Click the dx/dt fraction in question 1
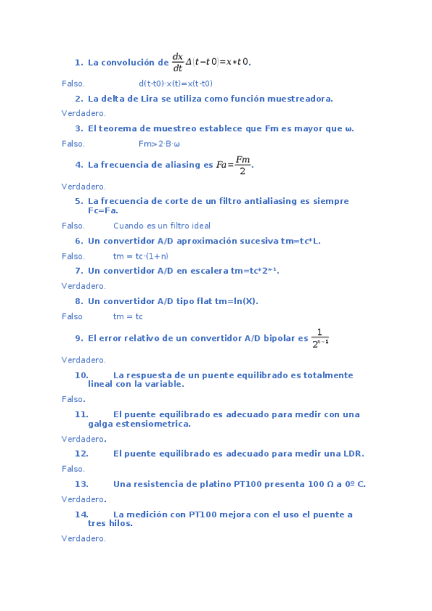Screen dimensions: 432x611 click(x=177, y=62)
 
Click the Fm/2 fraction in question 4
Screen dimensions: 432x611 click(x=243, y=165)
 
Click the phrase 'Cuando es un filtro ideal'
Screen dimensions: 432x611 click(x=162, y=226)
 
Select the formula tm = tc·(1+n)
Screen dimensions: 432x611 click(x=141, y=256)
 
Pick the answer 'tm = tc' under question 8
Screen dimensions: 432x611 click(x=128, y=316)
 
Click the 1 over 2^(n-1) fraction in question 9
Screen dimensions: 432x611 click(x=320, y=338)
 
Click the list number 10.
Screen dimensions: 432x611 click(x=81, y=375)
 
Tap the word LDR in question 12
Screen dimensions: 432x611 click(x=353, y=454)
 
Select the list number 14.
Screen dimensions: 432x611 click(x=81, y=514)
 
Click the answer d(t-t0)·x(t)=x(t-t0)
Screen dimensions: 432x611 click(x=175, y=84)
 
